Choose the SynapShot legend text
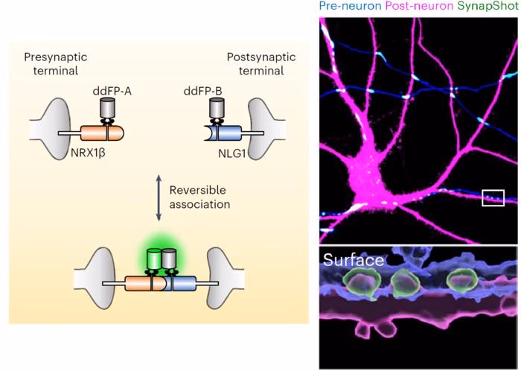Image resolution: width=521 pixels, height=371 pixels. point(488,7)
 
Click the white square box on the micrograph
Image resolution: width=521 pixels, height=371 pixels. point(493,197)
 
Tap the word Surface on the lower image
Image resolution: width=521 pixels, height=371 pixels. point(353,261)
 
